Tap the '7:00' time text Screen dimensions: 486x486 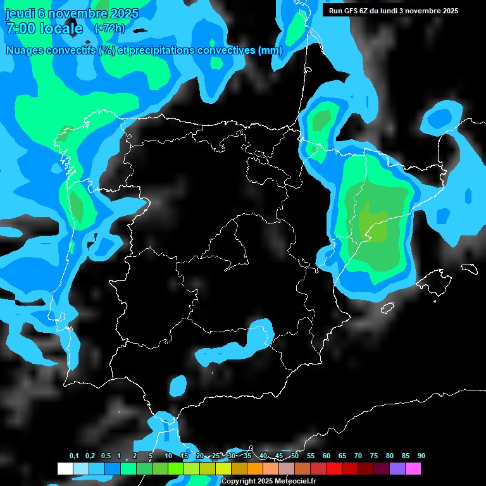(x=20, y=28)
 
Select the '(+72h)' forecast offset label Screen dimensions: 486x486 (x=109, y=28)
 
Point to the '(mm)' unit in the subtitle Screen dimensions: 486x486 (x=270, y=50)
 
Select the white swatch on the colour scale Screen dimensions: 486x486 (x=65, y=468)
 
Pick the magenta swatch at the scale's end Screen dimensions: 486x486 (x=413, y=468)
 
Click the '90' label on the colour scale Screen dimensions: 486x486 (x=421, y=456)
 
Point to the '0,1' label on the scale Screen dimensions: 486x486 (x=73, y=456)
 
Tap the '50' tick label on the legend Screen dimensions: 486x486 (x=295, y=456)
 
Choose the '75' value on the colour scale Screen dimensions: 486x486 (x=374, y=456)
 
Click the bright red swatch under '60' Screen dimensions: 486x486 (x=334, y=468)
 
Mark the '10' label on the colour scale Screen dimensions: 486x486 (x=168, y=456)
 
